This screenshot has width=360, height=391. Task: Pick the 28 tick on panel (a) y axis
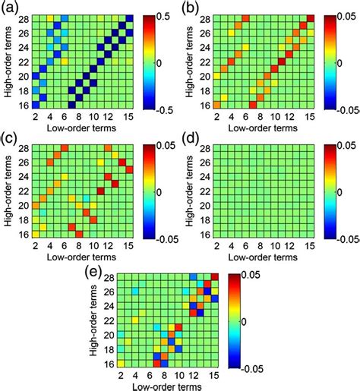point(24,18)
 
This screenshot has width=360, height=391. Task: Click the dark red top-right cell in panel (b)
point(311,18)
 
